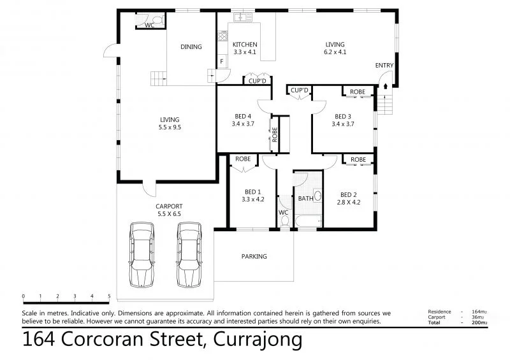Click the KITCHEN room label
(x=244, y=44)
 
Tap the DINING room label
(x=191, y=47)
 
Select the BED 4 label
(x=243, y=116)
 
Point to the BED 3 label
(x=342, y=116)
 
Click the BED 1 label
(x=252, y=191)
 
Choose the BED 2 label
(x=348, y=195)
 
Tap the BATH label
(x=305, y=198)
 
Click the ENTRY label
(x=384, y=66)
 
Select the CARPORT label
(x=169, y=206)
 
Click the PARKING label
(x=254, y=257)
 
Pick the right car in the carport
(x=189, y=254)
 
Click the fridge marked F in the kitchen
(x=222, y=62)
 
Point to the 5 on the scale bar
(x=109, y=296)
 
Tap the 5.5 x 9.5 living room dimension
(x=170, y=127)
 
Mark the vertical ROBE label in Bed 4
(x=275, y=133)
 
